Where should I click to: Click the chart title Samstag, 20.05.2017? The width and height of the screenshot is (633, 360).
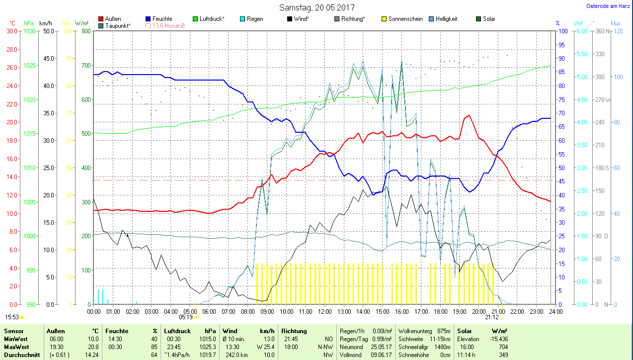317,7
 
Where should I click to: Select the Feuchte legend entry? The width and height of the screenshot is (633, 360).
162,19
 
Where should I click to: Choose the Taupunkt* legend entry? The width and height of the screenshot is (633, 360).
118,25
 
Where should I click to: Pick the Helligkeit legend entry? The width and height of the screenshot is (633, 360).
446,19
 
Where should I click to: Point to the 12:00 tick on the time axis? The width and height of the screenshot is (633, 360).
324,311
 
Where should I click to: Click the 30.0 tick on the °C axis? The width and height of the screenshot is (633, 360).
11,31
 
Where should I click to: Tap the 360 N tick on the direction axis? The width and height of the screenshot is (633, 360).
599,31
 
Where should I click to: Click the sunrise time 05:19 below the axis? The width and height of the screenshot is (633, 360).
186,317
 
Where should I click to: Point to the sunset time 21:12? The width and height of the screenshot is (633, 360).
492,317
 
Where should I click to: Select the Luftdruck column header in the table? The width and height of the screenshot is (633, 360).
177,331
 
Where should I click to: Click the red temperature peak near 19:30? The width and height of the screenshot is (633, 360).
468,115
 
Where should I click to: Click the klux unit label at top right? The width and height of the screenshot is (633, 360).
616,23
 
